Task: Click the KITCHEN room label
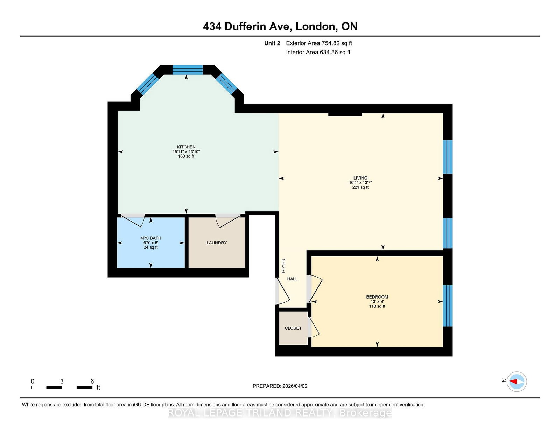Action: pos(186,147)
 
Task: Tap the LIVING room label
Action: pos(360,178)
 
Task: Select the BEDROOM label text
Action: pos(377,297)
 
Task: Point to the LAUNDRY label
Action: pos(216,243)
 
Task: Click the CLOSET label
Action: pos(293,328)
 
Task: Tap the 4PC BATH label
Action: pos(151,238)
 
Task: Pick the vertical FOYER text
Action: pos(283,266)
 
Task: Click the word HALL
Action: pos(292,279)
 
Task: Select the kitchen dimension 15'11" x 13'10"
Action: pos(186,152)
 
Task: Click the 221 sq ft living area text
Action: pos(360,187)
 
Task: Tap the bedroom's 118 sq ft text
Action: pos(377,306)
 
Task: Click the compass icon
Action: pos(517,382)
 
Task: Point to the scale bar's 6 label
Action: pos(92,381)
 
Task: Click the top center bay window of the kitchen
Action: pos(188,70)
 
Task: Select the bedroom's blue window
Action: pos(448,306)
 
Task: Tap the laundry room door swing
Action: pos(228,221)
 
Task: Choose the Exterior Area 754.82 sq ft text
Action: pos(319,43)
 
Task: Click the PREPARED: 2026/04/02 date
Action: pos(280,386)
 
